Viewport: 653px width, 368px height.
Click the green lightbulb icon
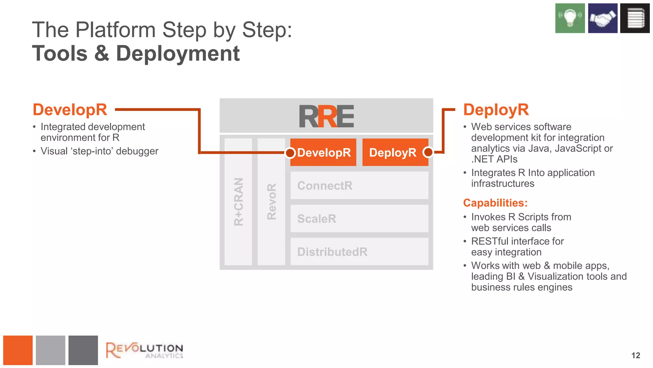(x=570, y=18)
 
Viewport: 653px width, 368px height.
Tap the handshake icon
(x=602, y=18)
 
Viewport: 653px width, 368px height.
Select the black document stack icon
(x=635, y=18)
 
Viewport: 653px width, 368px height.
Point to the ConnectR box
(x=359, y=186)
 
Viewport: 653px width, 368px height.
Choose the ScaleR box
(x=359, y=219)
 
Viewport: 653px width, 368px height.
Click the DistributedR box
(x=359, y=252)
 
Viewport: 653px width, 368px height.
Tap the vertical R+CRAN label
(x=238, y=202)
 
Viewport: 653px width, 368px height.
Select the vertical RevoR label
(x=271, y=202)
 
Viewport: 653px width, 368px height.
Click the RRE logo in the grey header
(x=326, y=117)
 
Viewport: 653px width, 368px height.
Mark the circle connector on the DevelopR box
(x=290, y=153)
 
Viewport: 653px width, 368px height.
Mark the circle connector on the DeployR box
(x=428, y=152)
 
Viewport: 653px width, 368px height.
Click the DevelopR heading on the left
(x=70, y=110)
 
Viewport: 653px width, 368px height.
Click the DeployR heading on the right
(x=496, y=110)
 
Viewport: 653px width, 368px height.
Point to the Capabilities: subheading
(x=495, y=203)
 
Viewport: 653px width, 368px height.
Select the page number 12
(x=635, y=356)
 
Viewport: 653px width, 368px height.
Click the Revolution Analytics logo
(x=144, y=350)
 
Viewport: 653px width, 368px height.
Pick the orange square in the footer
(x=18, y=350)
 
